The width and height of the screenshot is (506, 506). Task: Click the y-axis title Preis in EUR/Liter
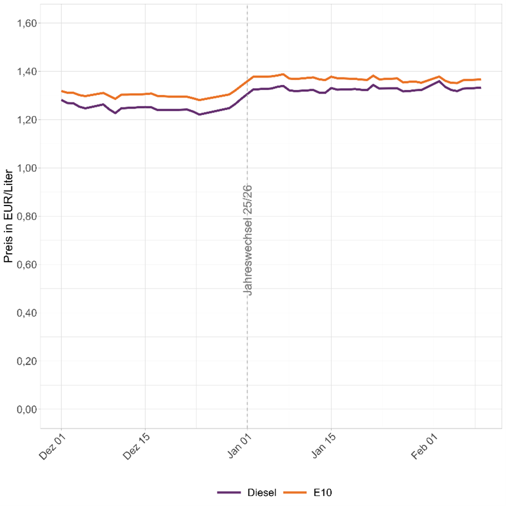[x=8, y=217]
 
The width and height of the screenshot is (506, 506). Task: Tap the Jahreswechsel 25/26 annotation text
[x=248, y=240]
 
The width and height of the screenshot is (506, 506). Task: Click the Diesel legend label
[x=262, y=493]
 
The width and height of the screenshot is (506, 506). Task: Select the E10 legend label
[x=322, y=493]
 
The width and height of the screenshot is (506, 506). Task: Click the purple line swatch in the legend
[x=229, y=493]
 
